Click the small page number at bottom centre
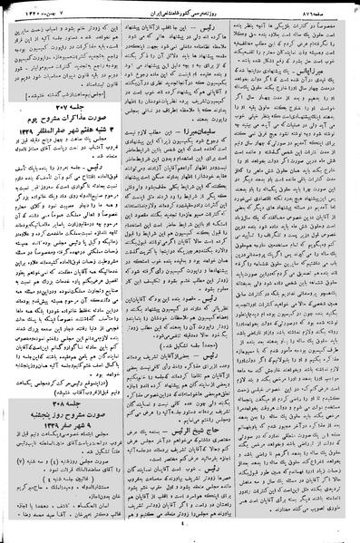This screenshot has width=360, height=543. [x=181, y=534]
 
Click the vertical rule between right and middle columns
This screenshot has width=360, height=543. [x=241, y=272]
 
